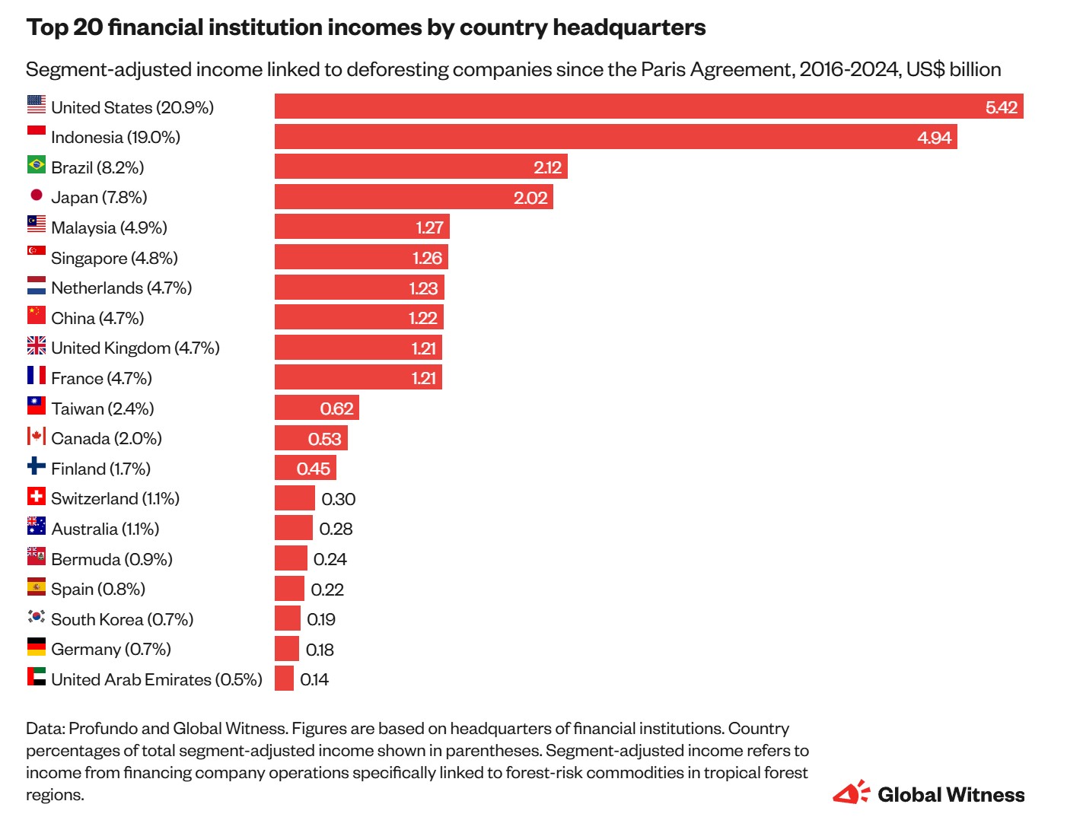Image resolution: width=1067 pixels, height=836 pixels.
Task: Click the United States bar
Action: (648, 106)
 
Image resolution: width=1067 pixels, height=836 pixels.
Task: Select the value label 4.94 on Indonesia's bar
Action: (934, 138)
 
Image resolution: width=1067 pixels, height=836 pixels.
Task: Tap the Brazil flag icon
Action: (37, 164)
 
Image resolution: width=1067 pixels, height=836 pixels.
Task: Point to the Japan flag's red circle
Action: (37, 195)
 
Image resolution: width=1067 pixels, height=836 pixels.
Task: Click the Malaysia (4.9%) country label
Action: (109, 227)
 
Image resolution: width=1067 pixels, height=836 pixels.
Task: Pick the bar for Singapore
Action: (361, 257)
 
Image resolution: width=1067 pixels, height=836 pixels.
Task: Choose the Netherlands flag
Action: (37, 285)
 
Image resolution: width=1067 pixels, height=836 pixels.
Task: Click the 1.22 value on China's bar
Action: (422, 318)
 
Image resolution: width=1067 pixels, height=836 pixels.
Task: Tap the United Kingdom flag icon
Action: (37, 345)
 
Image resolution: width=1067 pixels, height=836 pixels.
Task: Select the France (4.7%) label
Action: (101, 378)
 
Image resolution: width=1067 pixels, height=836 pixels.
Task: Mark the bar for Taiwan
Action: (316, 408)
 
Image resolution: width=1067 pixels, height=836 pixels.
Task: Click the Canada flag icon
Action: (37, 436)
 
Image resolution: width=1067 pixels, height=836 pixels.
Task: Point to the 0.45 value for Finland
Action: (313, 469)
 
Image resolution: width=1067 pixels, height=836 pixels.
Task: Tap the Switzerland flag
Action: (37, 496)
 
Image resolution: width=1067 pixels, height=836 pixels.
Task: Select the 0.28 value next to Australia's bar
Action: (336, 529)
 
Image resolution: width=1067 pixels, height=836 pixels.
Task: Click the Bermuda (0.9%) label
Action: (112, 559)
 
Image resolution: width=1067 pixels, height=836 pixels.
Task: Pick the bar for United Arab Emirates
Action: (284, 679)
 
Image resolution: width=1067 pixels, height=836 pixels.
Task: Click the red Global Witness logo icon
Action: (851, 793)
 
